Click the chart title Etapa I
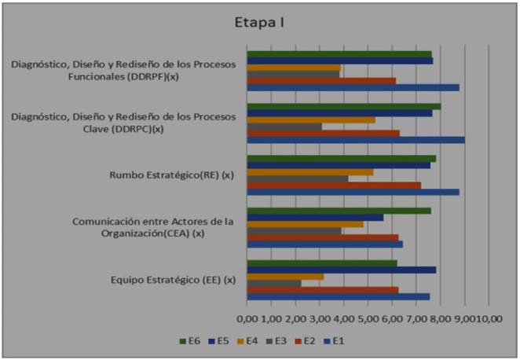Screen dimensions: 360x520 259,22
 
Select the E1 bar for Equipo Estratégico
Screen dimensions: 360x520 339,296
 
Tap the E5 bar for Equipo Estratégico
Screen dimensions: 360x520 342,270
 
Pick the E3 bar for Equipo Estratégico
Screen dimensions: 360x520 274,283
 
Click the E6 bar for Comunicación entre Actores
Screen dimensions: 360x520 339,211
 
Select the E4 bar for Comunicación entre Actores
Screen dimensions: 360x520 306,224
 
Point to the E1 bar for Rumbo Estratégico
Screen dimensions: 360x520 353,192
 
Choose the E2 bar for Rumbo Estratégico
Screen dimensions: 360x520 334,186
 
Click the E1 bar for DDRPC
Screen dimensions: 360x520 356,140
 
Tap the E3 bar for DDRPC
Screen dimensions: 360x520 284,127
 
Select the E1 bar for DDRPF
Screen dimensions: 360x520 353,87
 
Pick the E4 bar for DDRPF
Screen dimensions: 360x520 294,68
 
